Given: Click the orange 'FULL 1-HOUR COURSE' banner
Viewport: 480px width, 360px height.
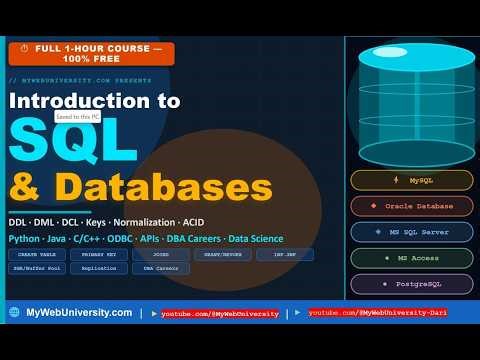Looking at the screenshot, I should point(91,53).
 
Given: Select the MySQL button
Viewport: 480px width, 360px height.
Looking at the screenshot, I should point(411,180).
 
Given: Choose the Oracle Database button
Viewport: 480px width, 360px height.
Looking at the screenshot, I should point(411,206).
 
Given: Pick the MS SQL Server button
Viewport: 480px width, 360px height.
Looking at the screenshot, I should point(411,231).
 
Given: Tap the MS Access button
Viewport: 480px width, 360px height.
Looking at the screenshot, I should point(411,257).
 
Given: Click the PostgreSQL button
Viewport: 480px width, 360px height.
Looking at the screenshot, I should point(411,283).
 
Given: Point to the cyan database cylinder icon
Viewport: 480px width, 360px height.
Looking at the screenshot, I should point(411,95).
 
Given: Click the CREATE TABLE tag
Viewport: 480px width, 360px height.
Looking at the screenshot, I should point(36,254).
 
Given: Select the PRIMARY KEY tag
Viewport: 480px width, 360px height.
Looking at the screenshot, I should point(97,254).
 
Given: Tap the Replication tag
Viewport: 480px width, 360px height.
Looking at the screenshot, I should point(97,269).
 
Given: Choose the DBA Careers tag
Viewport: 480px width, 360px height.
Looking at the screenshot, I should point(160,269).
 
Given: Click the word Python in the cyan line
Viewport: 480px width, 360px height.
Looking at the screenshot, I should point(24,239).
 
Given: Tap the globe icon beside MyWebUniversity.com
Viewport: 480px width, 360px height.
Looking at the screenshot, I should point(14,313).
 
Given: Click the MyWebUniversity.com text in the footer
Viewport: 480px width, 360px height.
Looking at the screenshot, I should point(79,313).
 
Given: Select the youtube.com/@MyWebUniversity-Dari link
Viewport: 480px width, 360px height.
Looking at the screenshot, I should point(377,313).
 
